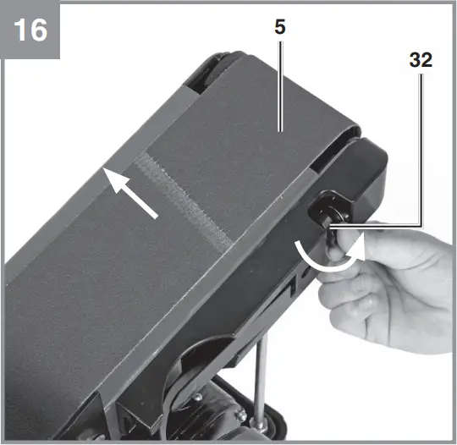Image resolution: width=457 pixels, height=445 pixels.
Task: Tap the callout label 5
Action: click(x=279, y=26)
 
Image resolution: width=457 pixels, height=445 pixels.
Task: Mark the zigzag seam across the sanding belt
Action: click(x=185, y=200)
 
